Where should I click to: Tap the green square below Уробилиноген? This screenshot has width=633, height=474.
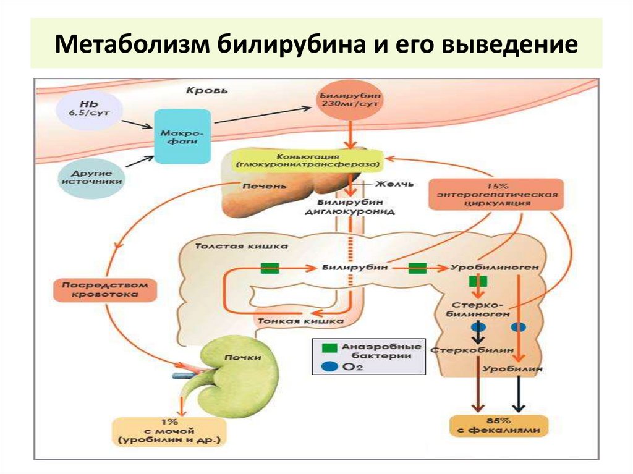pos(478,282)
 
